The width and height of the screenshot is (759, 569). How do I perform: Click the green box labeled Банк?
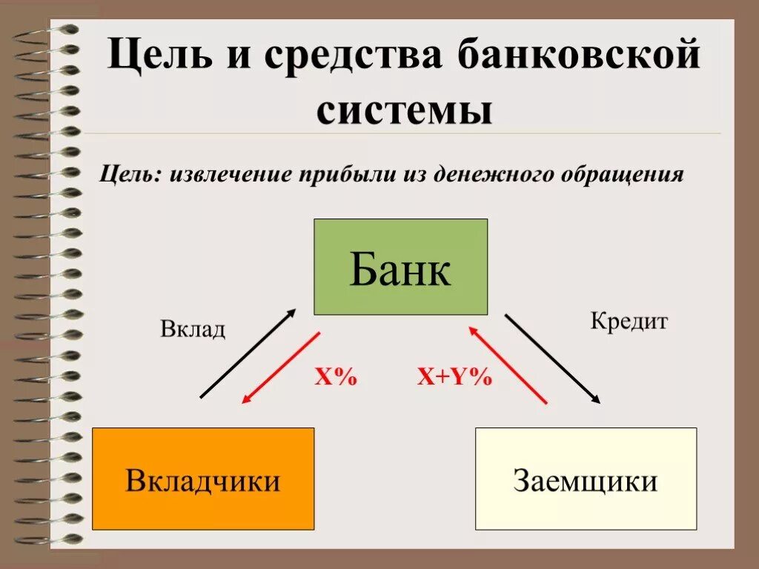[x=400, y=267]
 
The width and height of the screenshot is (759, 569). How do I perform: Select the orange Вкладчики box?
[x=203, y=479]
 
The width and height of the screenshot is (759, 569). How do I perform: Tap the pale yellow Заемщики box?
[x=586, y=479]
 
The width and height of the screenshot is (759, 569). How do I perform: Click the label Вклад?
[x=193, y=329]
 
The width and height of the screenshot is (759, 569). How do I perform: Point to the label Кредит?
[x=629, y=321]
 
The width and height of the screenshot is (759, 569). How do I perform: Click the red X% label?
[x=336, y=377]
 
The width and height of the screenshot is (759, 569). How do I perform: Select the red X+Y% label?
[x=454, y=377]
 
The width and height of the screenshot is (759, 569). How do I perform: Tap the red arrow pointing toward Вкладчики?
[x=281, y=367]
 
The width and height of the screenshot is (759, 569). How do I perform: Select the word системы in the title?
[x=405, y=111]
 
